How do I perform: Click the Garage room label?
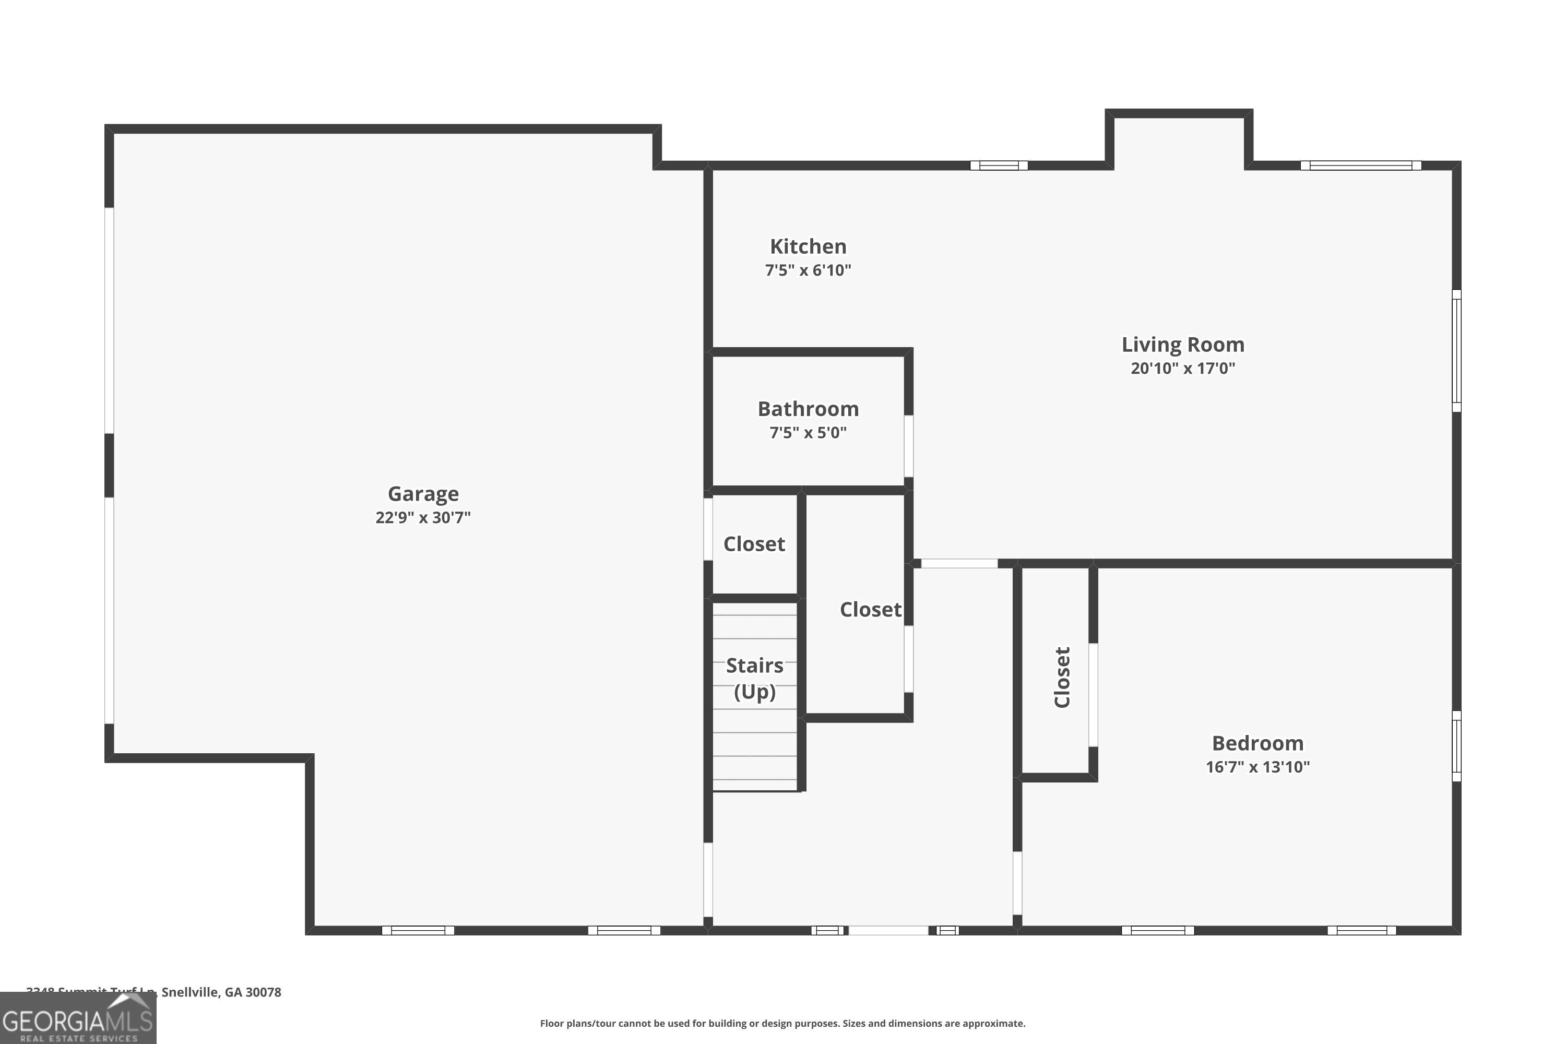point(423,493)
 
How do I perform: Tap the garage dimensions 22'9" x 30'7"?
point(423,517)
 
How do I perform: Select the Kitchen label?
point(808,246)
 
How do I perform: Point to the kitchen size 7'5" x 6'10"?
point(808,270)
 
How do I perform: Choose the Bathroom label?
point(808,408)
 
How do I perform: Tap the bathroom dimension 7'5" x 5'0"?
point(808,432)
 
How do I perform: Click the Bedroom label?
point(1257,742)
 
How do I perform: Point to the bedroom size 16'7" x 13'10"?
point(1257,766)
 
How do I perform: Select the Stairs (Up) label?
point(754,678)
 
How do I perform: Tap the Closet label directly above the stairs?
point(754,544)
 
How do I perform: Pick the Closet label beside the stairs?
point(870,609)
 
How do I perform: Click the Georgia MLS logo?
point(78,1019)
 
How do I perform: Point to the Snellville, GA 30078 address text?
point(220,992)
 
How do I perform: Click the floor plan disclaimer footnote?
point(782,1023)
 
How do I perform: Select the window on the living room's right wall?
point(1456,350)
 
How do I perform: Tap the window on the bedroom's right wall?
point(1456,746)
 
